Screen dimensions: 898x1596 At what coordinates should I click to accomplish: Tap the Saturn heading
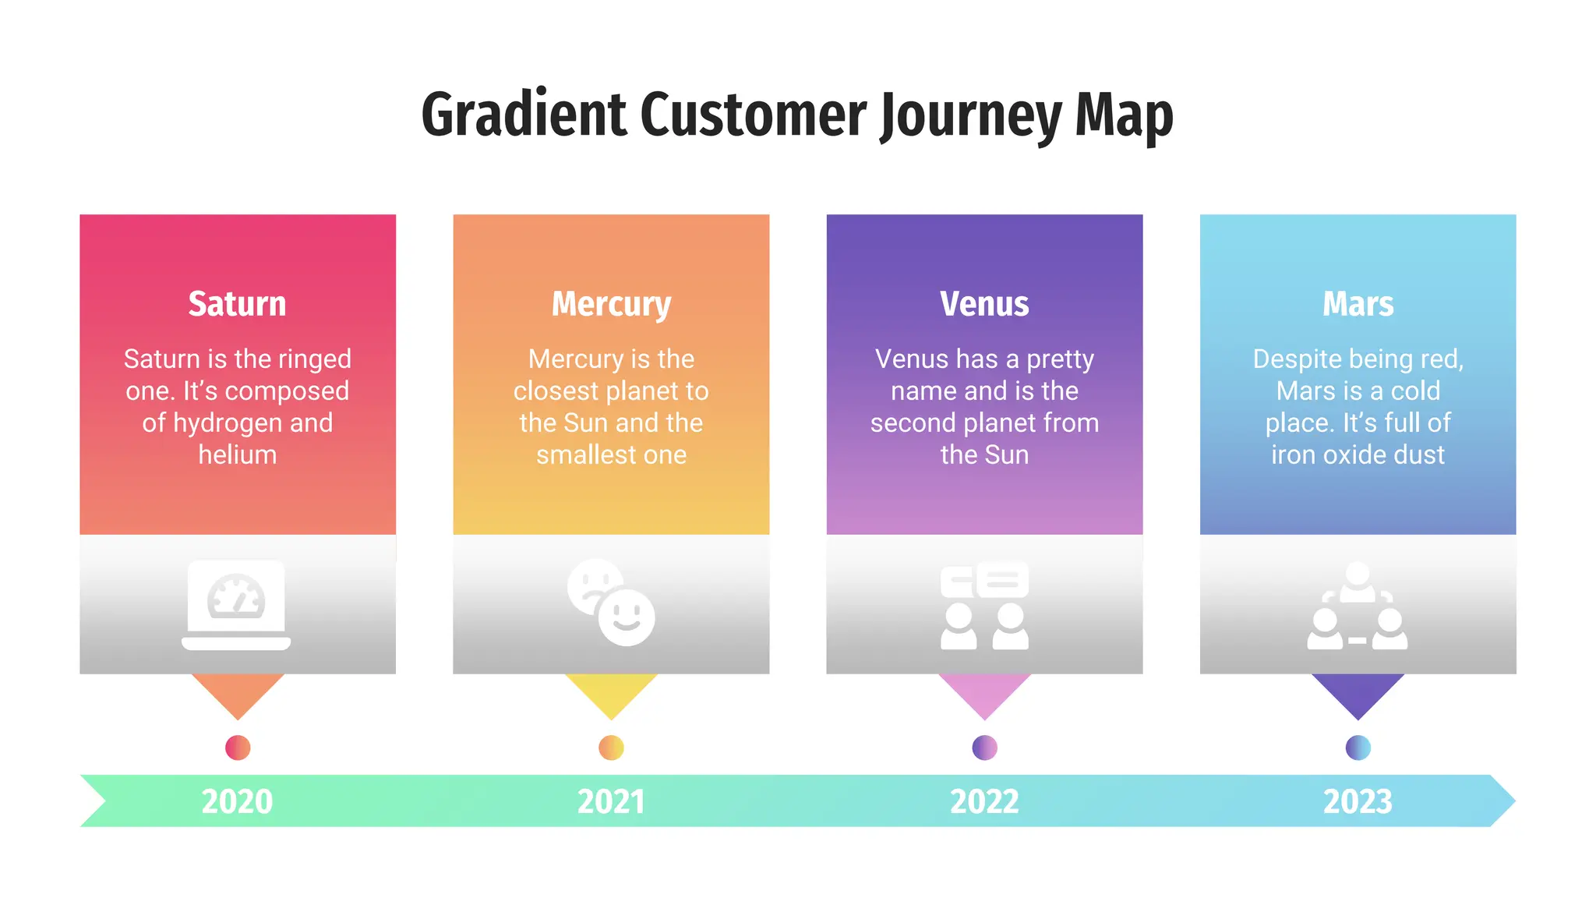[x=237, y=304]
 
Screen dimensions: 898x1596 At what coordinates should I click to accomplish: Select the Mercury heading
[x=611, y=304]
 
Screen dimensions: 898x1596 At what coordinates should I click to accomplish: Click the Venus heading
[x=984, y=304]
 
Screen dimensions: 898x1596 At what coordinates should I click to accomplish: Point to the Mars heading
[x=1358, y=304]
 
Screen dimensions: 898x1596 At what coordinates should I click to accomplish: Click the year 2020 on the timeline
[x=237, y=801]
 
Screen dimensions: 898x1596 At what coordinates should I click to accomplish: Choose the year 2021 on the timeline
[x=611, y=801]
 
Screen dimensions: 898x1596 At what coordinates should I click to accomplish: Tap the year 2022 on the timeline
[x=984, y=801]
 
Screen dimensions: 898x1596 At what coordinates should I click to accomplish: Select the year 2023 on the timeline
[x=1358, y=801]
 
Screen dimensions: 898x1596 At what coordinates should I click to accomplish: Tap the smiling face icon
[x=627, y=617]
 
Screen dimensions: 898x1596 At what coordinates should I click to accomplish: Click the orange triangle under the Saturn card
[x=237, y=692]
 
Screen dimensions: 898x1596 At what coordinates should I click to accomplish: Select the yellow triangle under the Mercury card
[x=611, y=692]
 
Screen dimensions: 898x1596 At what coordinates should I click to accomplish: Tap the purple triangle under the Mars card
[x=1358, y=692]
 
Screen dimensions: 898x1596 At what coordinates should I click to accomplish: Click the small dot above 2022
[x=984, y=748]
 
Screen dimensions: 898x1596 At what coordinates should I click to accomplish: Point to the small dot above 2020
[x=237, y=748]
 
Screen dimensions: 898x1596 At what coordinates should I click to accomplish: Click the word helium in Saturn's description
[x=237, y=454]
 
